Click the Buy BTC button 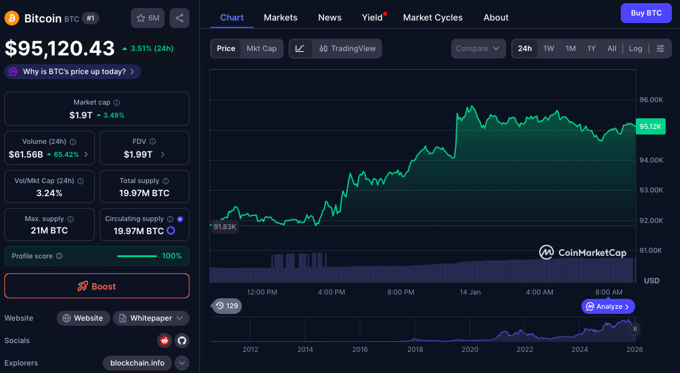646,13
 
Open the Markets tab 280,17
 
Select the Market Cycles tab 433,17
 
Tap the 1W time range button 548,49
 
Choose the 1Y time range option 591,49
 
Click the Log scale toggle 635,49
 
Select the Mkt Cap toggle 261,49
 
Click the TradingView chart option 347,49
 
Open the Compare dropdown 477,49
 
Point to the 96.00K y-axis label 651,100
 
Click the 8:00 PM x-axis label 401,292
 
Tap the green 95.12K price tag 651,126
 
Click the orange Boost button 97,286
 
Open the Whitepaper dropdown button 151,318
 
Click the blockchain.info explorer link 137,363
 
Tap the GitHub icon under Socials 181,341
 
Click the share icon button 180,18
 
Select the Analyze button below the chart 608,306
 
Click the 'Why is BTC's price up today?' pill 72,72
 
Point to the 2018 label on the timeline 415,349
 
